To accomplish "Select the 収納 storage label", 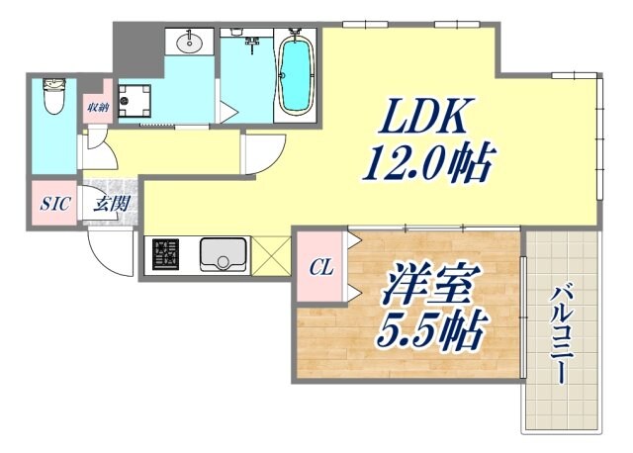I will click(97, 107).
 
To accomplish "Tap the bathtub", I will click(294, 74).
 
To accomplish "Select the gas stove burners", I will click(163, 255).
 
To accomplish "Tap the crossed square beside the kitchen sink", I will click(268, 255).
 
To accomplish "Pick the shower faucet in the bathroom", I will click(253, 42).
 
